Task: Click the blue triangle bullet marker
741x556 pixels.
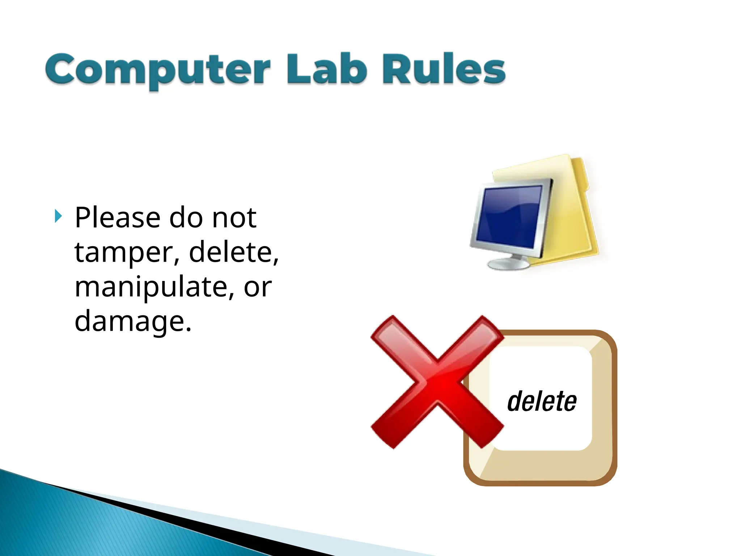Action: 58,216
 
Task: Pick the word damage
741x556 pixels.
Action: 132,321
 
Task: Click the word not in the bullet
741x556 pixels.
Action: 234,218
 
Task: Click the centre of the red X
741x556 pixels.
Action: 437,382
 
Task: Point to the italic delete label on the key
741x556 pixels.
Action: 542,401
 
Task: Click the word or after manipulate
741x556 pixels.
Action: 258,287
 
